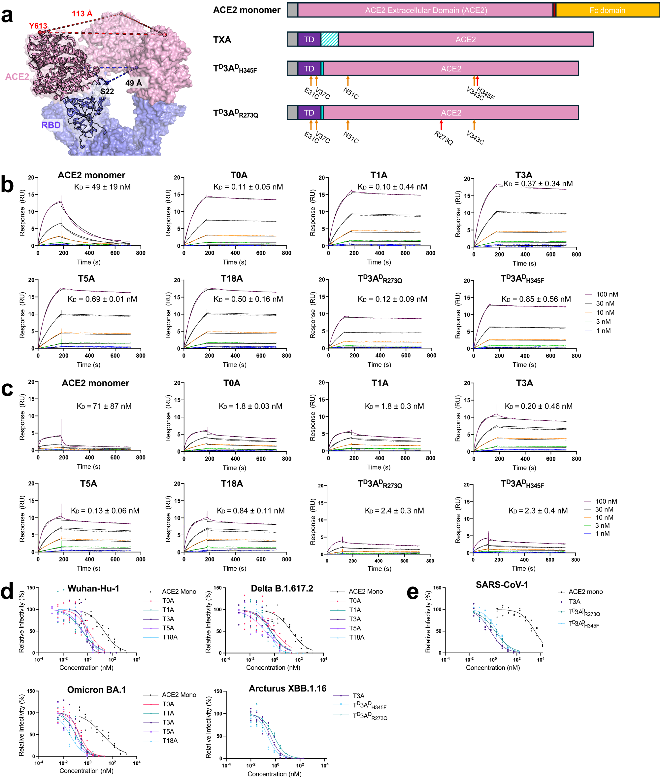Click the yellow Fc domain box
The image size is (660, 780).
point(607,10)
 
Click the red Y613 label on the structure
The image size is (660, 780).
point(38,26)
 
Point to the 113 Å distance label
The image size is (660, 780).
point(82,14)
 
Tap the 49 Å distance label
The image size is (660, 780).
point(133,83)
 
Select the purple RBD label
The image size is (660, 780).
point(51,125)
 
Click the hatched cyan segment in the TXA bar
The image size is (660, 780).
point(330,39)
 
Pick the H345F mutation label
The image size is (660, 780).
point(486,93)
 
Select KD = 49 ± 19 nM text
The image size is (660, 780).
point(102,187)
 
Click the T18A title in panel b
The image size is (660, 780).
point(232,278)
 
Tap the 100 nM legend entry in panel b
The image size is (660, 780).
point(606,294)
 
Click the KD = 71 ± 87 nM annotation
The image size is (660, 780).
point(104,406)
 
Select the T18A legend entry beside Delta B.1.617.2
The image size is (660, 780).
point(356,637)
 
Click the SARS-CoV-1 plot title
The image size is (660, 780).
point(502,585)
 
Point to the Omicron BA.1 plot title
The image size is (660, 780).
point(97,690)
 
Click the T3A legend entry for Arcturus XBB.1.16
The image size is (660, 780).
point(358,696)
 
